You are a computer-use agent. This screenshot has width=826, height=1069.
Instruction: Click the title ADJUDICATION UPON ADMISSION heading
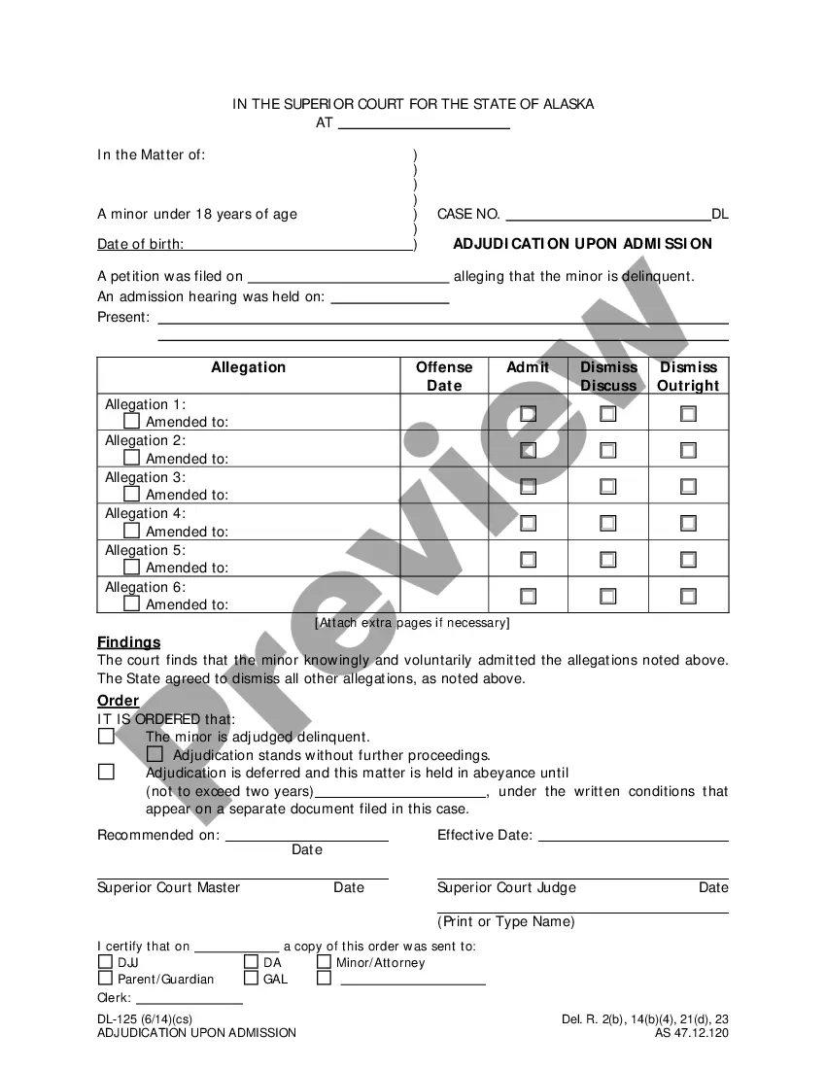[x=582, y=244]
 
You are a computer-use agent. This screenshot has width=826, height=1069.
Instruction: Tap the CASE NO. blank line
[x=607, y=215]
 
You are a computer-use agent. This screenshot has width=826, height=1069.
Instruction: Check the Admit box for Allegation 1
[x=528, y=413]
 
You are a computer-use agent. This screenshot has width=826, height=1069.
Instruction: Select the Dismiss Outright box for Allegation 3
[x=688, y=486]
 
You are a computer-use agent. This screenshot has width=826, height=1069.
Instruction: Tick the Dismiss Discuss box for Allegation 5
[x=607, y=560]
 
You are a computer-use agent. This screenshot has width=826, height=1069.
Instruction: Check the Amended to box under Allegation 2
[x=132, y=458]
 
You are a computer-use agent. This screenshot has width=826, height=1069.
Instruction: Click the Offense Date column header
[x=444, y=376]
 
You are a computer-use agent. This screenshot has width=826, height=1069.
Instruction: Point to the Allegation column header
[x=248, y=367]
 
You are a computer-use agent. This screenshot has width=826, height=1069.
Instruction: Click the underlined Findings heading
[x=128, y=642]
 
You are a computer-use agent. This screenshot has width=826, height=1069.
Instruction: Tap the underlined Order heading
[x=118, y=701]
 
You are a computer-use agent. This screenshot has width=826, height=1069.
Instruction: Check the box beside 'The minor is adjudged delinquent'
[x=106, y=737]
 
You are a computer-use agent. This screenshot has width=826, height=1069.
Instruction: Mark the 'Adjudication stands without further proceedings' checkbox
[x=155, y=754]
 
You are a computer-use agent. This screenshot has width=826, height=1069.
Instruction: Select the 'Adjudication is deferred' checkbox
[x=106, y=773]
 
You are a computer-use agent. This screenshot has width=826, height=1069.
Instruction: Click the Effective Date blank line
[x=633, y=836]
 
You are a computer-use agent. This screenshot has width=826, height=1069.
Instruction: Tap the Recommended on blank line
[x=306, y=836]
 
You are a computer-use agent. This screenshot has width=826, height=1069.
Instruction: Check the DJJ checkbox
[x=105, y=962]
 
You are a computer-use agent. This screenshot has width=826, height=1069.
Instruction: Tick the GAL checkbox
[x=251, y=979]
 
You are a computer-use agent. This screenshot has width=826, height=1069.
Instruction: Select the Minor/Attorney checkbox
[x=324, y=962]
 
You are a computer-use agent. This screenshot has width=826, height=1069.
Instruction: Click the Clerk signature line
[x=189, y=998]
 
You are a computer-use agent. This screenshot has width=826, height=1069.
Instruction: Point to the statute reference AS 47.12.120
[x=691, y=1033]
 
